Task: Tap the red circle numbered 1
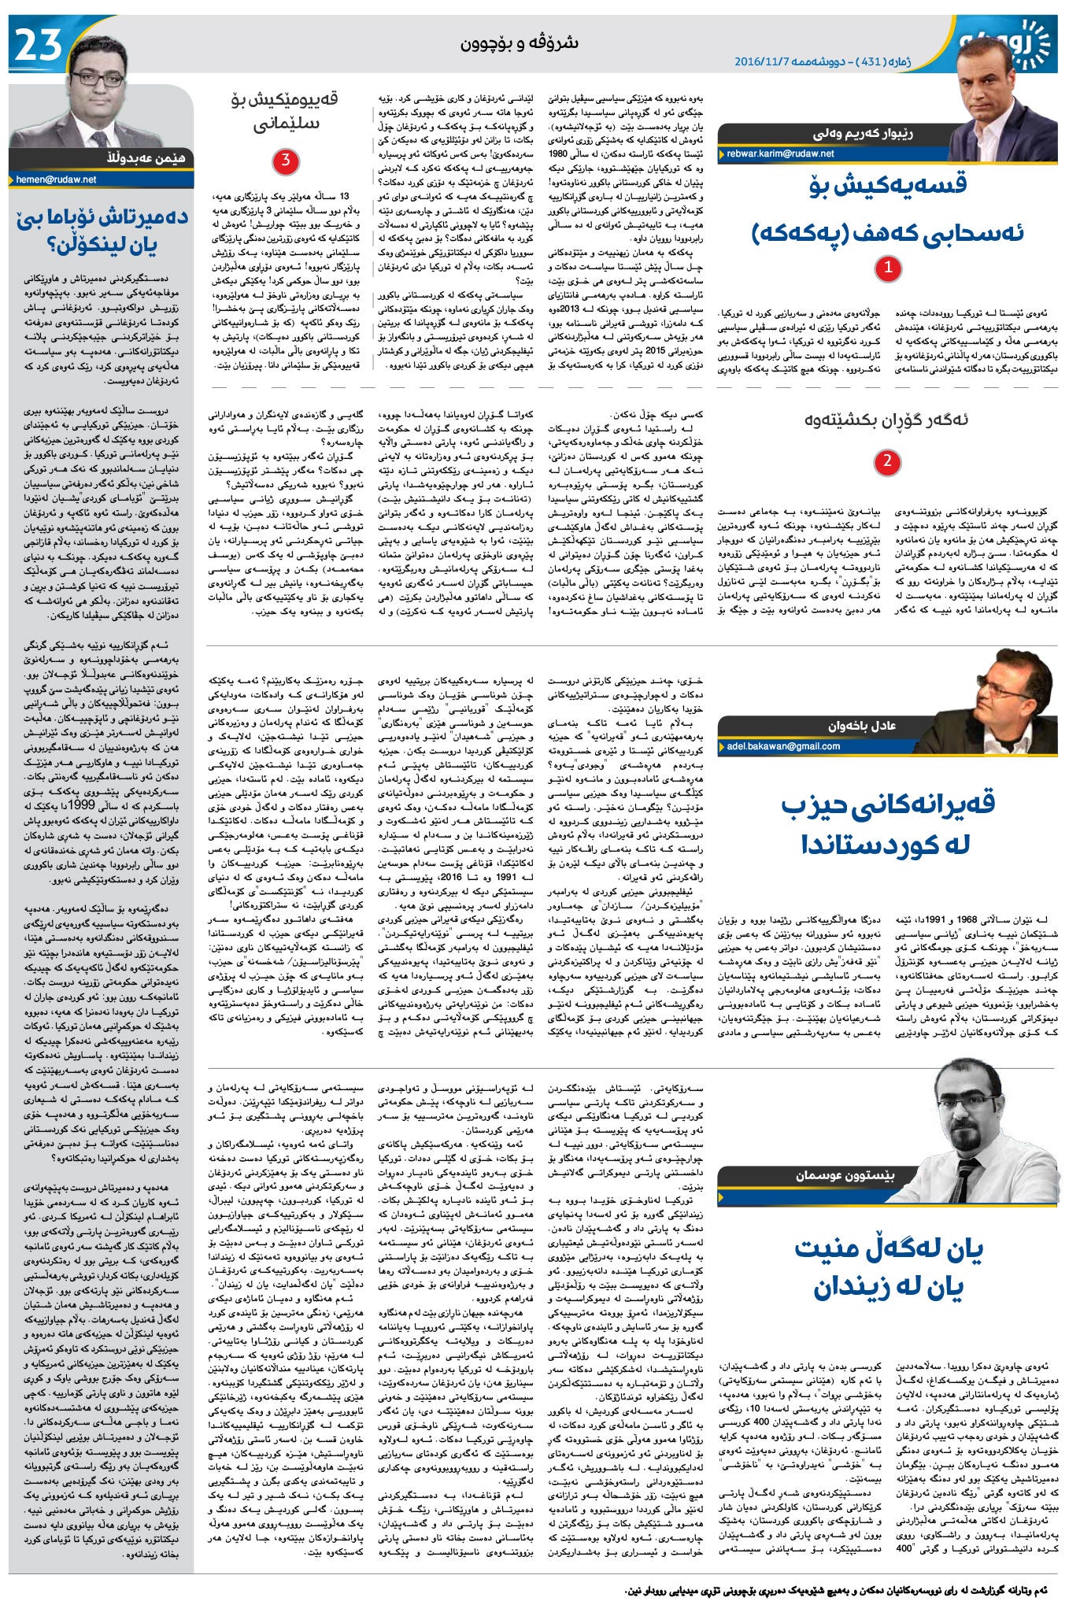[888, 268]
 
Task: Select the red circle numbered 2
[887, 461]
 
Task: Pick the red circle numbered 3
[285, 161]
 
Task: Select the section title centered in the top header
[520, 43]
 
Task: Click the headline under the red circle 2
[886, 420]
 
